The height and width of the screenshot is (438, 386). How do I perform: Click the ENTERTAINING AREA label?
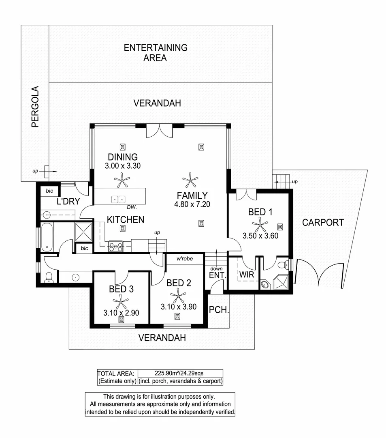[156, 53]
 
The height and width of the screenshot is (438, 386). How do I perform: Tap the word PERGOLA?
[35, 107]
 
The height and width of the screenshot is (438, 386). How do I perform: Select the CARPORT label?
[323, 222]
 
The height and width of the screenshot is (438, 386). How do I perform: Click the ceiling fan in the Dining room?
[122, 179]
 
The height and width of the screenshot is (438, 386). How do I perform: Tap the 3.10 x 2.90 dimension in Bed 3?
[121, 313]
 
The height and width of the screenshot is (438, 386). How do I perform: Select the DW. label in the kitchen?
[131, 207]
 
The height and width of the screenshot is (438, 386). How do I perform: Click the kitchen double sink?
[118, 199]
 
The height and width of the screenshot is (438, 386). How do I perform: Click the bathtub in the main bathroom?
[47, 237]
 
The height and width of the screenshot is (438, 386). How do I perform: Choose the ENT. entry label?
[217, 275]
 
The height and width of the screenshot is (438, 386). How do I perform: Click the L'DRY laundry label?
[68, 202]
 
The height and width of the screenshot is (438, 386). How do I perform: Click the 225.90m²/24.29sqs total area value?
[180, 373]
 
